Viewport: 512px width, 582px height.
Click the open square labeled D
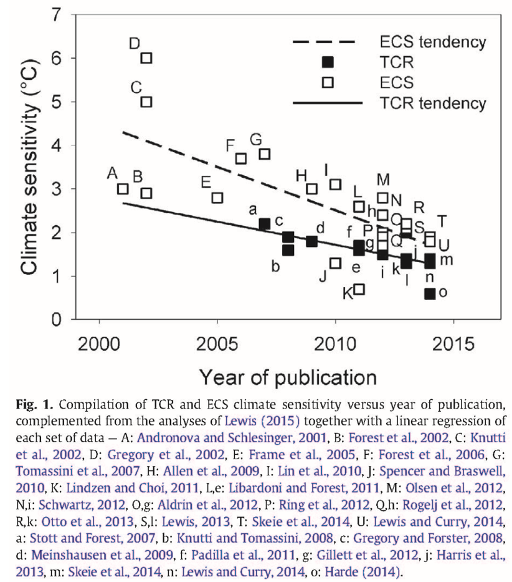coord(146,58)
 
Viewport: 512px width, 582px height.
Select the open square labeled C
coord(146,102)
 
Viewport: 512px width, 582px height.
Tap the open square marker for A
coord(123,188)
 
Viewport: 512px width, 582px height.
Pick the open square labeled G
coord(264,154)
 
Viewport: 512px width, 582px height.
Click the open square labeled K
coord(359,289)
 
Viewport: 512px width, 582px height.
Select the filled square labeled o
coord(429,294)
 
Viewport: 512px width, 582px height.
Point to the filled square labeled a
coord(264,224)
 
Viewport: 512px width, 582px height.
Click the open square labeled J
coord(335,263)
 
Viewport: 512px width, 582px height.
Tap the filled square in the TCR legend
coord(328,62)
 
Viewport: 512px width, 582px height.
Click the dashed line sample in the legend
coord(323,42)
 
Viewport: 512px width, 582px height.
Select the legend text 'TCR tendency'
coord(432,102)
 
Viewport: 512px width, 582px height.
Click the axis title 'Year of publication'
coord(287,377)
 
